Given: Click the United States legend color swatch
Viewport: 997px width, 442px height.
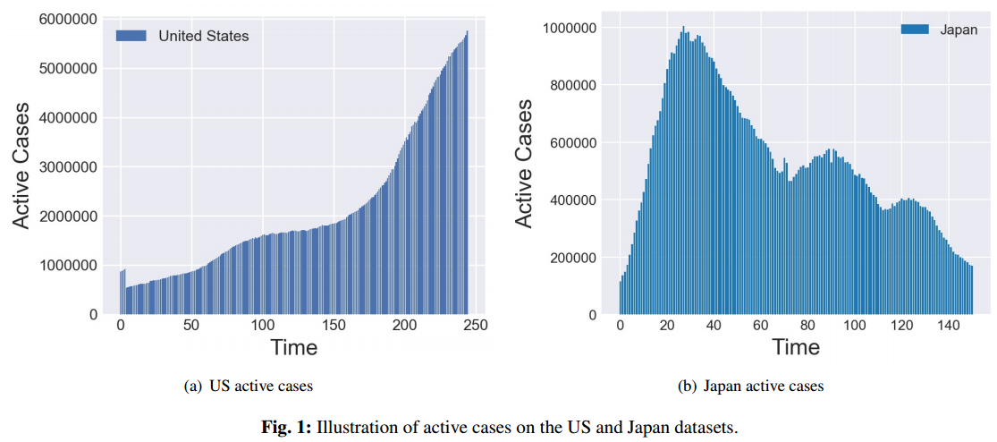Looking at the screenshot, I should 131,36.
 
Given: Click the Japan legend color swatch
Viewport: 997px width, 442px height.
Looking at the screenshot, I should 915,30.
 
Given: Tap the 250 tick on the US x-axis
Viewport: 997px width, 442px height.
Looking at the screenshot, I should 476,327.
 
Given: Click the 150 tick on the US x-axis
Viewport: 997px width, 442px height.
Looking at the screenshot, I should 334,327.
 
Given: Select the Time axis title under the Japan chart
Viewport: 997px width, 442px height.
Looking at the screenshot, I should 796,346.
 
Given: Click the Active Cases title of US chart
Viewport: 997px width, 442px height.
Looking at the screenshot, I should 21,166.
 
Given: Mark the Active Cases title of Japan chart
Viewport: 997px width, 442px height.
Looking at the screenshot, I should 524,163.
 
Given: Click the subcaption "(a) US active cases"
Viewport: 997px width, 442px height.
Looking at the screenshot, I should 248,387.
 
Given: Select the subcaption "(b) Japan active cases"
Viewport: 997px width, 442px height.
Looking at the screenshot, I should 751,387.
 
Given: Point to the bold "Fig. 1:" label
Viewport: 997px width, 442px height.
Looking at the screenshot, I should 285,427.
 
